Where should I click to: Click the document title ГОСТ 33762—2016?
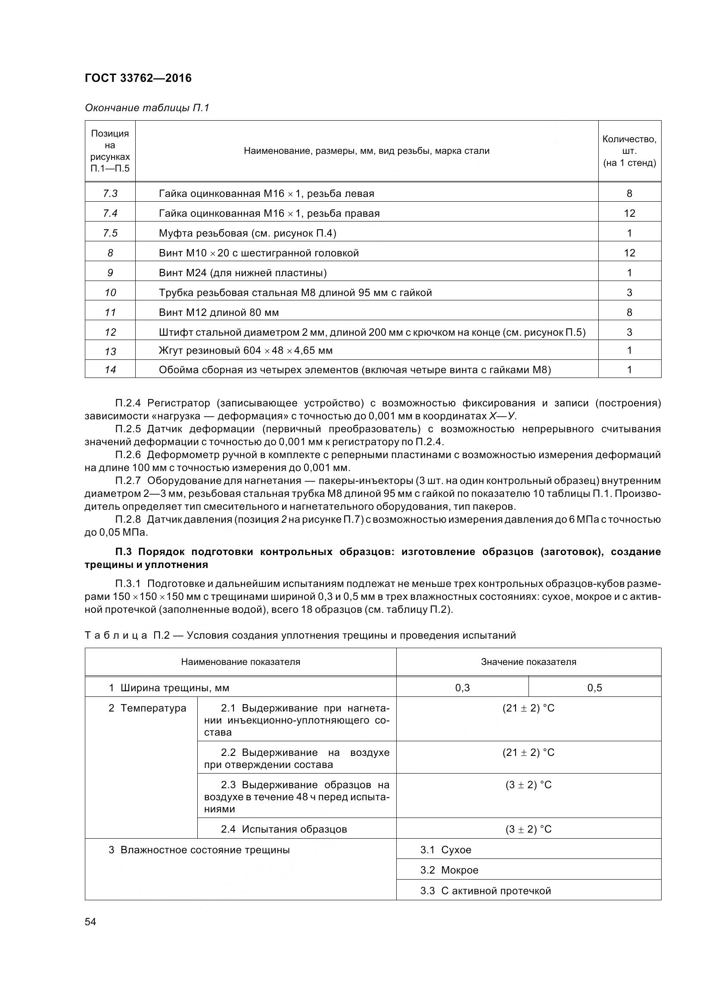click(138, 78)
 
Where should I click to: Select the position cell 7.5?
click(110, 233)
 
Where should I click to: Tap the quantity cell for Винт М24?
click(629, 273)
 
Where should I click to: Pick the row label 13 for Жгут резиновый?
click(110, 351)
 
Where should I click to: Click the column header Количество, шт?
click(629, 150)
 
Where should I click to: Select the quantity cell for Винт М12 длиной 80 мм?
click(629, 312)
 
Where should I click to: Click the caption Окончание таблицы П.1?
click(147, 108)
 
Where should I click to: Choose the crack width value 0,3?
click(462, 688)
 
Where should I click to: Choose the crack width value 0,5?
click(594, 688)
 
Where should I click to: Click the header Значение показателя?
click(528, 662)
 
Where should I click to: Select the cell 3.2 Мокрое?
click(449, 870)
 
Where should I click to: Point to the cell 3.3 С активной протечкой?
click(485, 890)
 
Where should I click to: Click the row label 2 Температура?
click(147, 708)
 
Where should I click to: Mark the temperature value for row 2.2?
click(528, 752)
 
